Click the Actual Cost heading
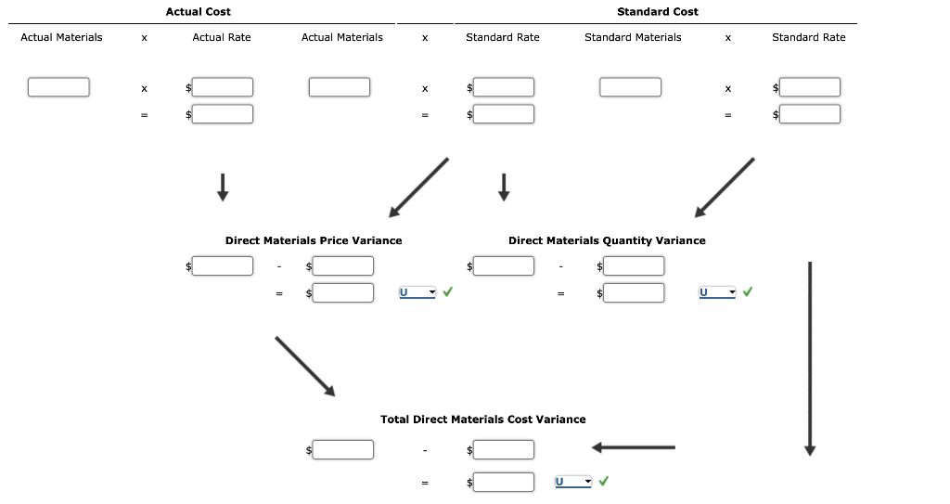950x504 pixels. click(x=198, y=12)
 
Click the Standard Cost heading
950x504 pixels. click(x=657, y=12)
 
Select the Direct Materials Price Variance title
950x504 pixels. click(x=314, y=240)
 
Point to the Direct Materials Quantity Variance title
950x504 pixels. click(x=607, y=240)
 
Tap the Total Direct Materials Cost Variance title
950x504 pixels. click(x=482, y=420)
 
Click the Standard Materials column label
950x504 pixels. click(x=633, y=37)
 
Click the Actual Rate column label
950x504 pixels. click(x=221, y=37)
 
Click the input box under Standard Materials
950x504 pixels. click(x=630, y=87)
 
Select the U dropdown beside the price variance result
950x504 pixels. click(x=417, y=292)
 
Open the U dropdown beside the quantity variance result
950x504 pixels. click(x=717, y=292)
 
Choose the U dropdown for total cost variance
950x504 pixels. click(x=572, y=482)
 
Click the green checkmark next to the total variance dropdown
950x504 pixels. click(x=604, y=482)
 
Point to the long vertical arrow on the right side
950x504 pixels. click(x=810, y=357)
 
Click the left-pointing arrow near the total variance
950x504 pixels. click(x=633, y=448)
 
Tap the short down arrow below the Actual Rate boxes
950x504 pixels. click(x=222, y=187)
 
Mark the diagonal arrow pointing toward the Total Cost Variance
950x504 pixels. click(x=305, y=365)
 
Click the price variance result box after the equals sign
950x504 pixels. click(x=342, y=292)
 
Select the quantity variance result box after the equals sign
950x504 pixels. click(x=634, y=292)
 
